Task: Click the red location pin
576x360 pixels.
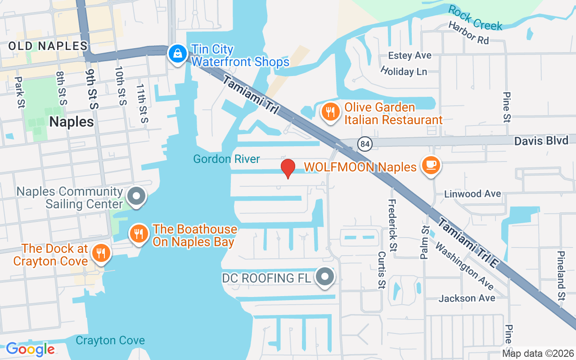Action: pyautogui.click(x=288, y=168)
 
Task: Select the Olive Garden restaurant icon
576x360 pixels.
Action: pyautogui.click(x=331, y=112)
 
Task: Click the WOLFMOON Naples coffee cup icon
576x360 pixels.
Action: pyautogui.click(x=431, y=165)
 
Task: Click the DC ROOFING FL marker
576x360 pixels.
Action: pyautogui.click(x=325, y=277)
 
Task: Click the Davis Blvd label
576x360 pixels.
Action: pyautogui.click(x=541, y=141)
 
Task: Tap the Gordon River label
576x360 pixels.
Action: pyautogui.click(x=226, y=159)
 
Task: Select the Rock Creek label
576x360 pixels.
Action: pyautogui.click(x=475, y=18)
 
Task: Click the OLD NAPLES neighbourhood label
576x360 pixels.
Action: pyautogui.click(x=48, y=46)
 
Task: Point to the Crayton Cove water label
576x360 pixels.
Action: pyautogui.click(x=110, y=340)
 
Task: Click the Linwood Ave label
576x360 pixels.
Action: pyautogui.click(x=472, y=194)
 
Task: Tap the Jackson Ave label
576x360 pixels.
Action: pyautogui.click(x=467, y=298)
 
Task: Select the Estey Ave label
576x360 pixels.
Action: pyautogui.click(x=410, y=55)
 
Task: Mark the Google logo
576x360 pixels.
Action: pyautogui.click(x=30, y=349)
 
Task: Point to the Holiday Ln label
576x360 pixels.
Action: pyautogui.click(x=403, y=71)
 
